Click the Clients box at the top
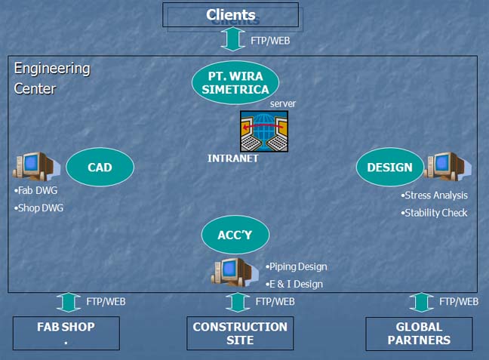click(x=231, y=15)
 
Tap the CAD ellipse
click(x=100, y=167)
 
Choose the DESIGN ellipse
click(x=389, y=167)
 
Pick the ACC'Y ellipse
click(x=235, y=235)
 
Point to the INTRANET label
click(x=233, y=158)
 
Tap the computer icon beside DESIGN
click(x=447, y=166)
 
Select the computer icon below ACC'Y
click(x=235, y=272)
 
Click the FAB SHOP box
click(x=66, y=333)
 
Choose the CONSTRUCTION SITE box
click(x=240, y=333)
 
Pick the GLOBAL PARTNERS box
click(x=419, y=333)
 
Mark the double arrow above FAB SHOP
click(x=68, y=302)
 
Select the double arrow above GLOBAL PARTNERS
click(x=420, y=302)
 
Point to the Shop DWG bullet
click(x=38, y=208)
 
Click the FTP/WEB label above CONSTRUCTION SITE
click(x=275, y=302)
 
